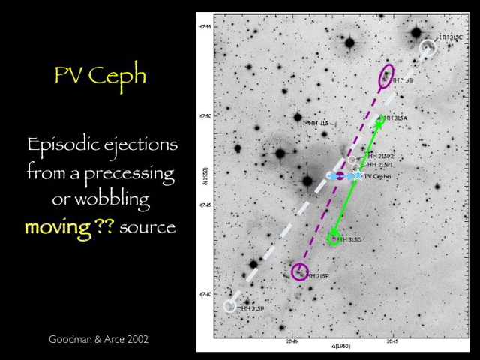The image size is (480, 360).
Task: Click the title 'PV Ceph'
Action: point(100,77)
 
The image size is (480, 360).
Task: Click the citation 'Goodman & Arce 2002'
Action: point(98,340)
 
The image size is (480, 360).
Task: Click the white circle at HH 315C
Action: point(427,46)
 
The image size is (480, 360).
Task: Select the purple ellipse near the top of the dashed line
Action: point(387,75)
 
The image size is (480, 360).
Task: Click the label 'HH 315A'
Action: point(395,118)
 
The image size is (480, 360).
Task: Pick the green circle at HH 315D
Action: point(334,238)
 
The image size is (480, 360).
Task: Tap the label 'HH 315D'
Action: point(350,240)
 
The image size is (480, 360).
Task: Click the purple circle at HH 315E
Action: point(300,271)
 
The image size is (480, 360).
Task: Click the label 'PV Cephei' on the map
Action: point(377,176)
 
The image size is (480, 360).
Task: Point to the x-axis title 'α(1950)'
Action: point(341,347)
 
